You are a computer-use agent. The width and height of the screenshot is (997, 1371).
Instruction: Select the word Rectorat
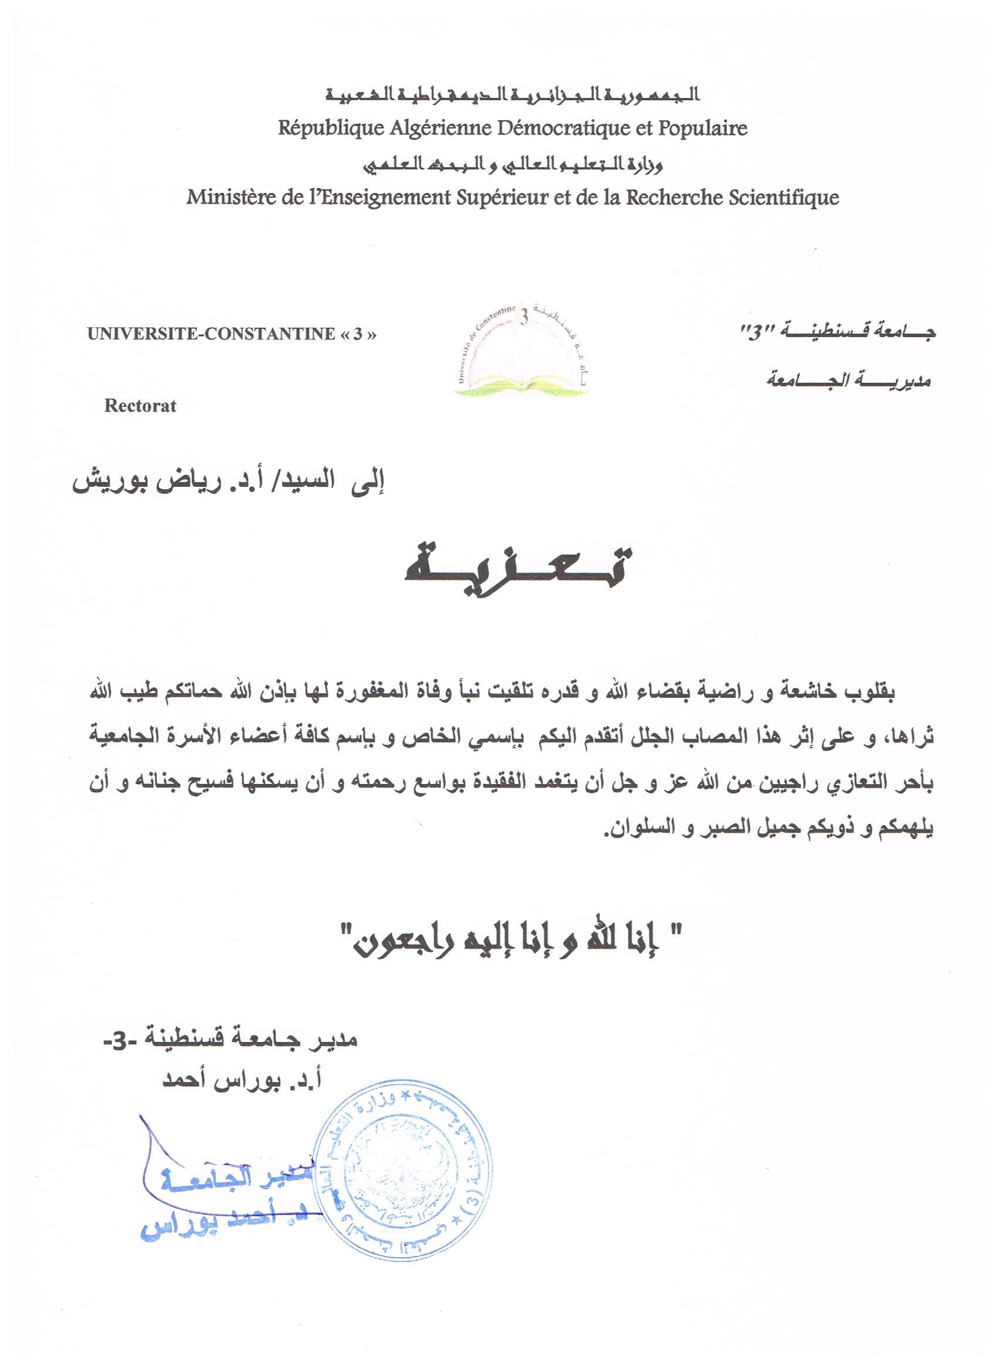pos(140,406)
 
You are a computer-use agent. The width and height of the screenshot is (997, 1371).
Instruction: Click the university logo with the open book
pos(522,352)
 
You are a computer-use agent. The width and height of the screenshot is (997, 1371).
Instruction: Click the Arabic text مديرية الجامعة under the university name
pos(848,381)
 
